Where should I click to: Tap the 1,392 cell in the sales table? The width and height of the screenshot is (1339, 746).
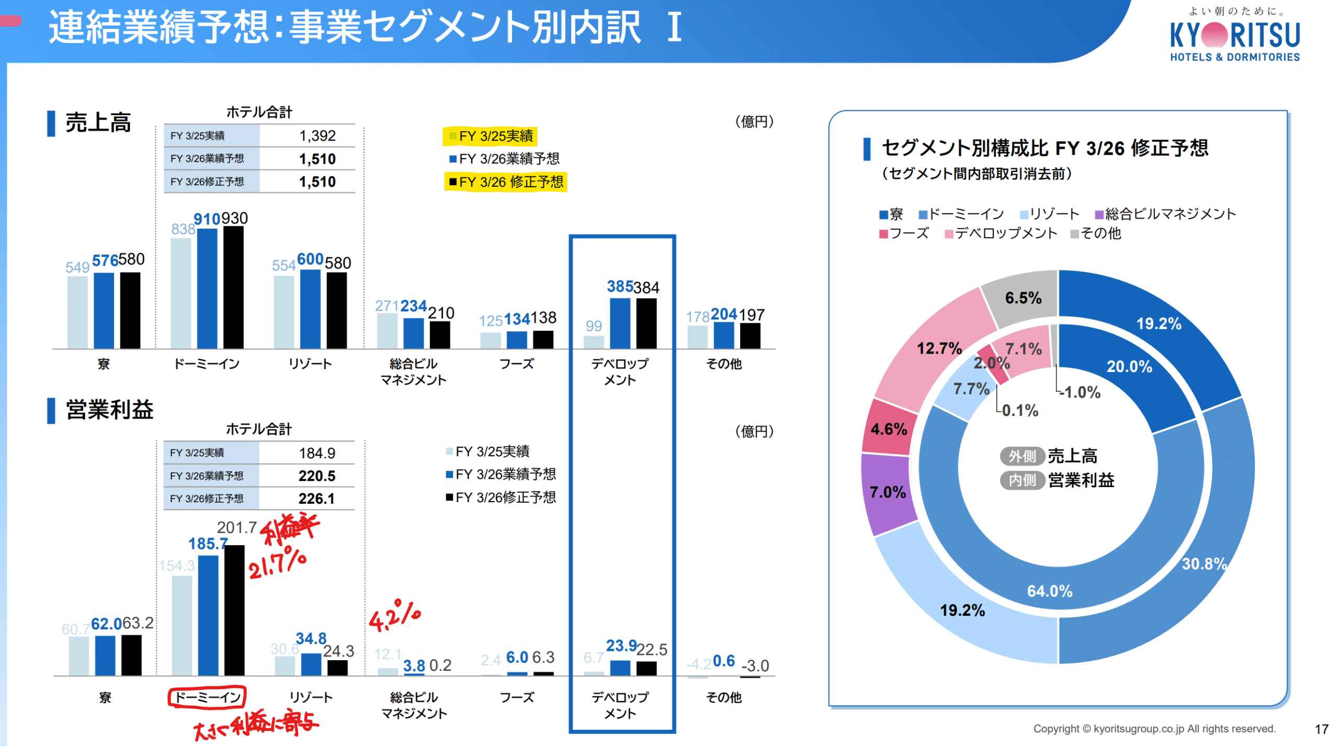(x=316, y=136)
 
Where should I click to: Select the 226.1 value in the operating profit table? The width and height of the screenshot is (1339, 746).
(x=316, y=499)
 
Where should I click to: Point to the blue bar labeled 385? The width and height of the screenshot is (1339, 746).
(x=620, y=323)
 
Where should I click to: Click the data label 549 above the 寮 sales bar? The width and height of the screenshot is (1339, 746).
(x=77, y=267)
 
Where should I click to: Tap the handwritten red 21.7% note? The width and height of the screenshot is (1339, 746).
(x=277, y=563)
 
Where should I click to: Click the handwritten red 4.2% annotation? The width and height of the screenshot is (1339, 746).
(x=394, y=616)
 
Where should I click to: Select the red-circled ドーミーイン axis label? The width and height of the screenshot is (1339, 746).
(x=207, y=697)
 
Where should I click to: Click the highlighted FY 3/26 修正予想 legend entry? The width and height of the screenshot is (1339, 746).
(x=505, y=182)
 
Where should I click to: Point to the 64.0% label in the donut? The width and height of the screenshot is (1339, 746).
(x=1049, y=591)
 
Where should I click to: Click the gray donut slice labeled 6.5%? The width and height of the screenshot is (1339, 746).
(x=1023, y=298)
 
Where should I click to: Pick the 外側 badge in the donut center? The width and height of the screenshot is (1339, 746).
(x=1022, y=456)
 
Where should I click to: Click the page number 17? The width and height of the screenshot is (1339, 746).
(x=1321, y=729)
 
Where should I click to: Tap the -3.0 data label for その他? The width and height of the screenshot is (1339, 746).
(x=755, y=666)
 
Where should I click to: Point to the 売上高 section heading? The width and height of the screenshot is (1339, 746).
(x=98, y=123)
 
